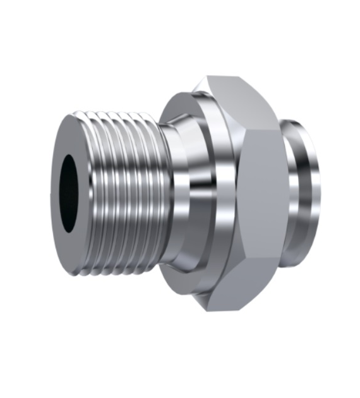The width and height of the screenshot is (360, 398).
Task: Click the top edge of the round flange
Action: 183,93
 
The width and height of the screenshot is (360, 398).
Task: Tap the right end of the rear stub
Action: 318,190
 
